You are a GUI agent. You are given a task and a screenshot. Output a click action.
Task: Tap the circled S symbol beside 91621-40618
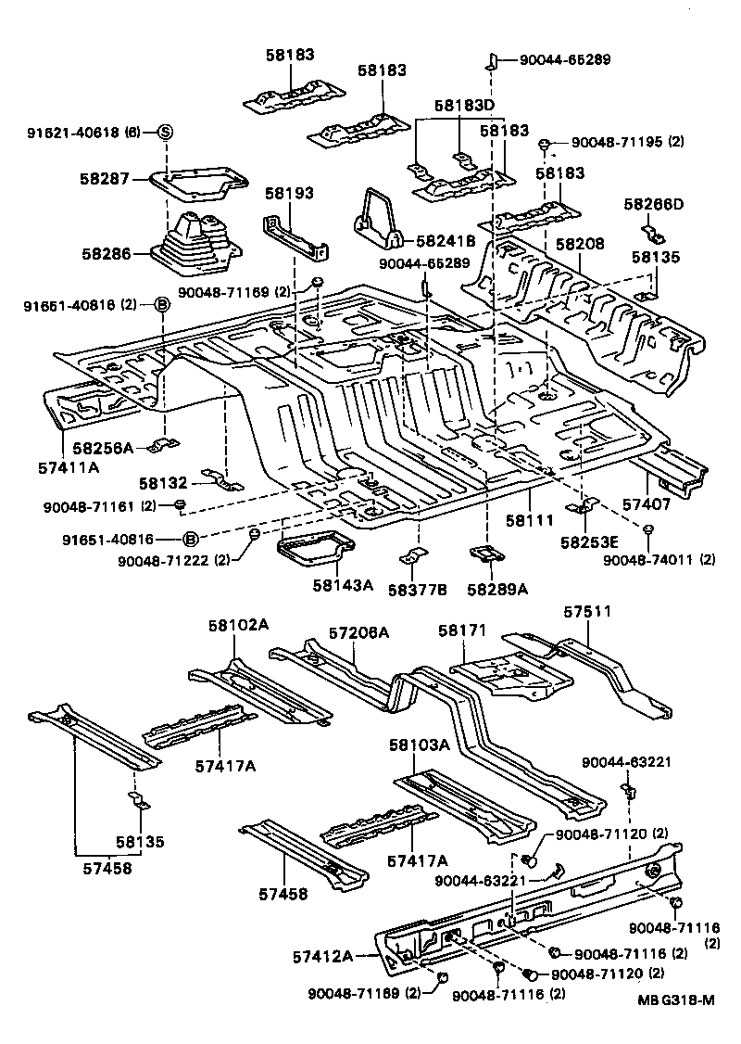(x=164, y=133)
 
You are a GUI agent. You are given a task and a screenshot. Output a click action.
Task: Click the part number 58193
(x=289, y=194)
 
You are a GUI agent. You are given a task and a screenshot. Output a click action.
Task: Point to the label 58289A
(x=497, y=590)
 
